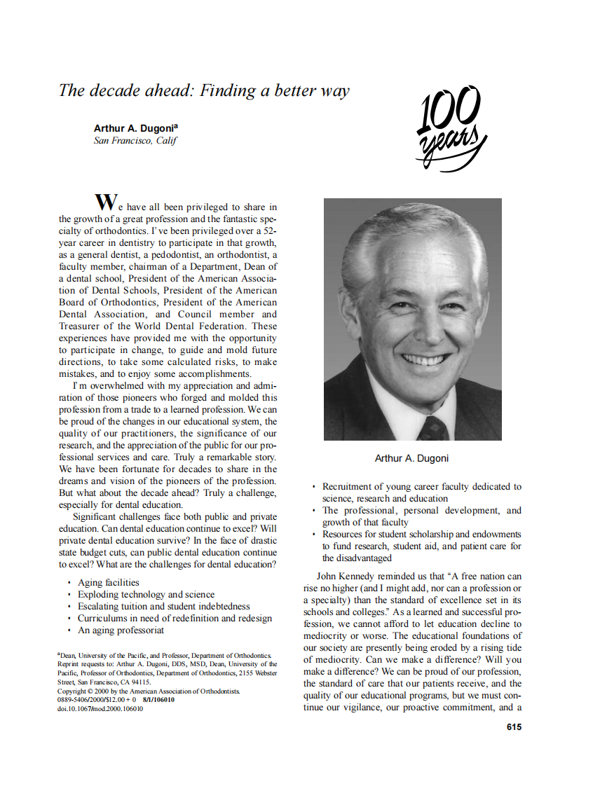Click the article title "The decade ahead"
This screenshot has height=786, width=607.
point(203,90)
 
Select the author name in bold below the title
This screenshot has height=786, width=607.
point(136,128)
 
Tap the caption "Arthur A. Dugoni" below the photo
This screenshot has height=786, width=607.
point(411,458)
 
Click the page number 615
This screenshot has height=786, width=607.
point(514,726)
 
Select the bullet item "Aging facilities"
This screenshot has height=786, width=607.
point(108,582)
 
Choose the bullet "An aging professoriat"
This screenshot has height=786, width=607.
point(121,630)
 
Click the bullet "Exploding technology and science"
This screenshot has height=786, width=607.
point(146,594)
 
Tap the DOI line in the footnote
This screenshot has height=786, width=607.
point(100,708)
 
